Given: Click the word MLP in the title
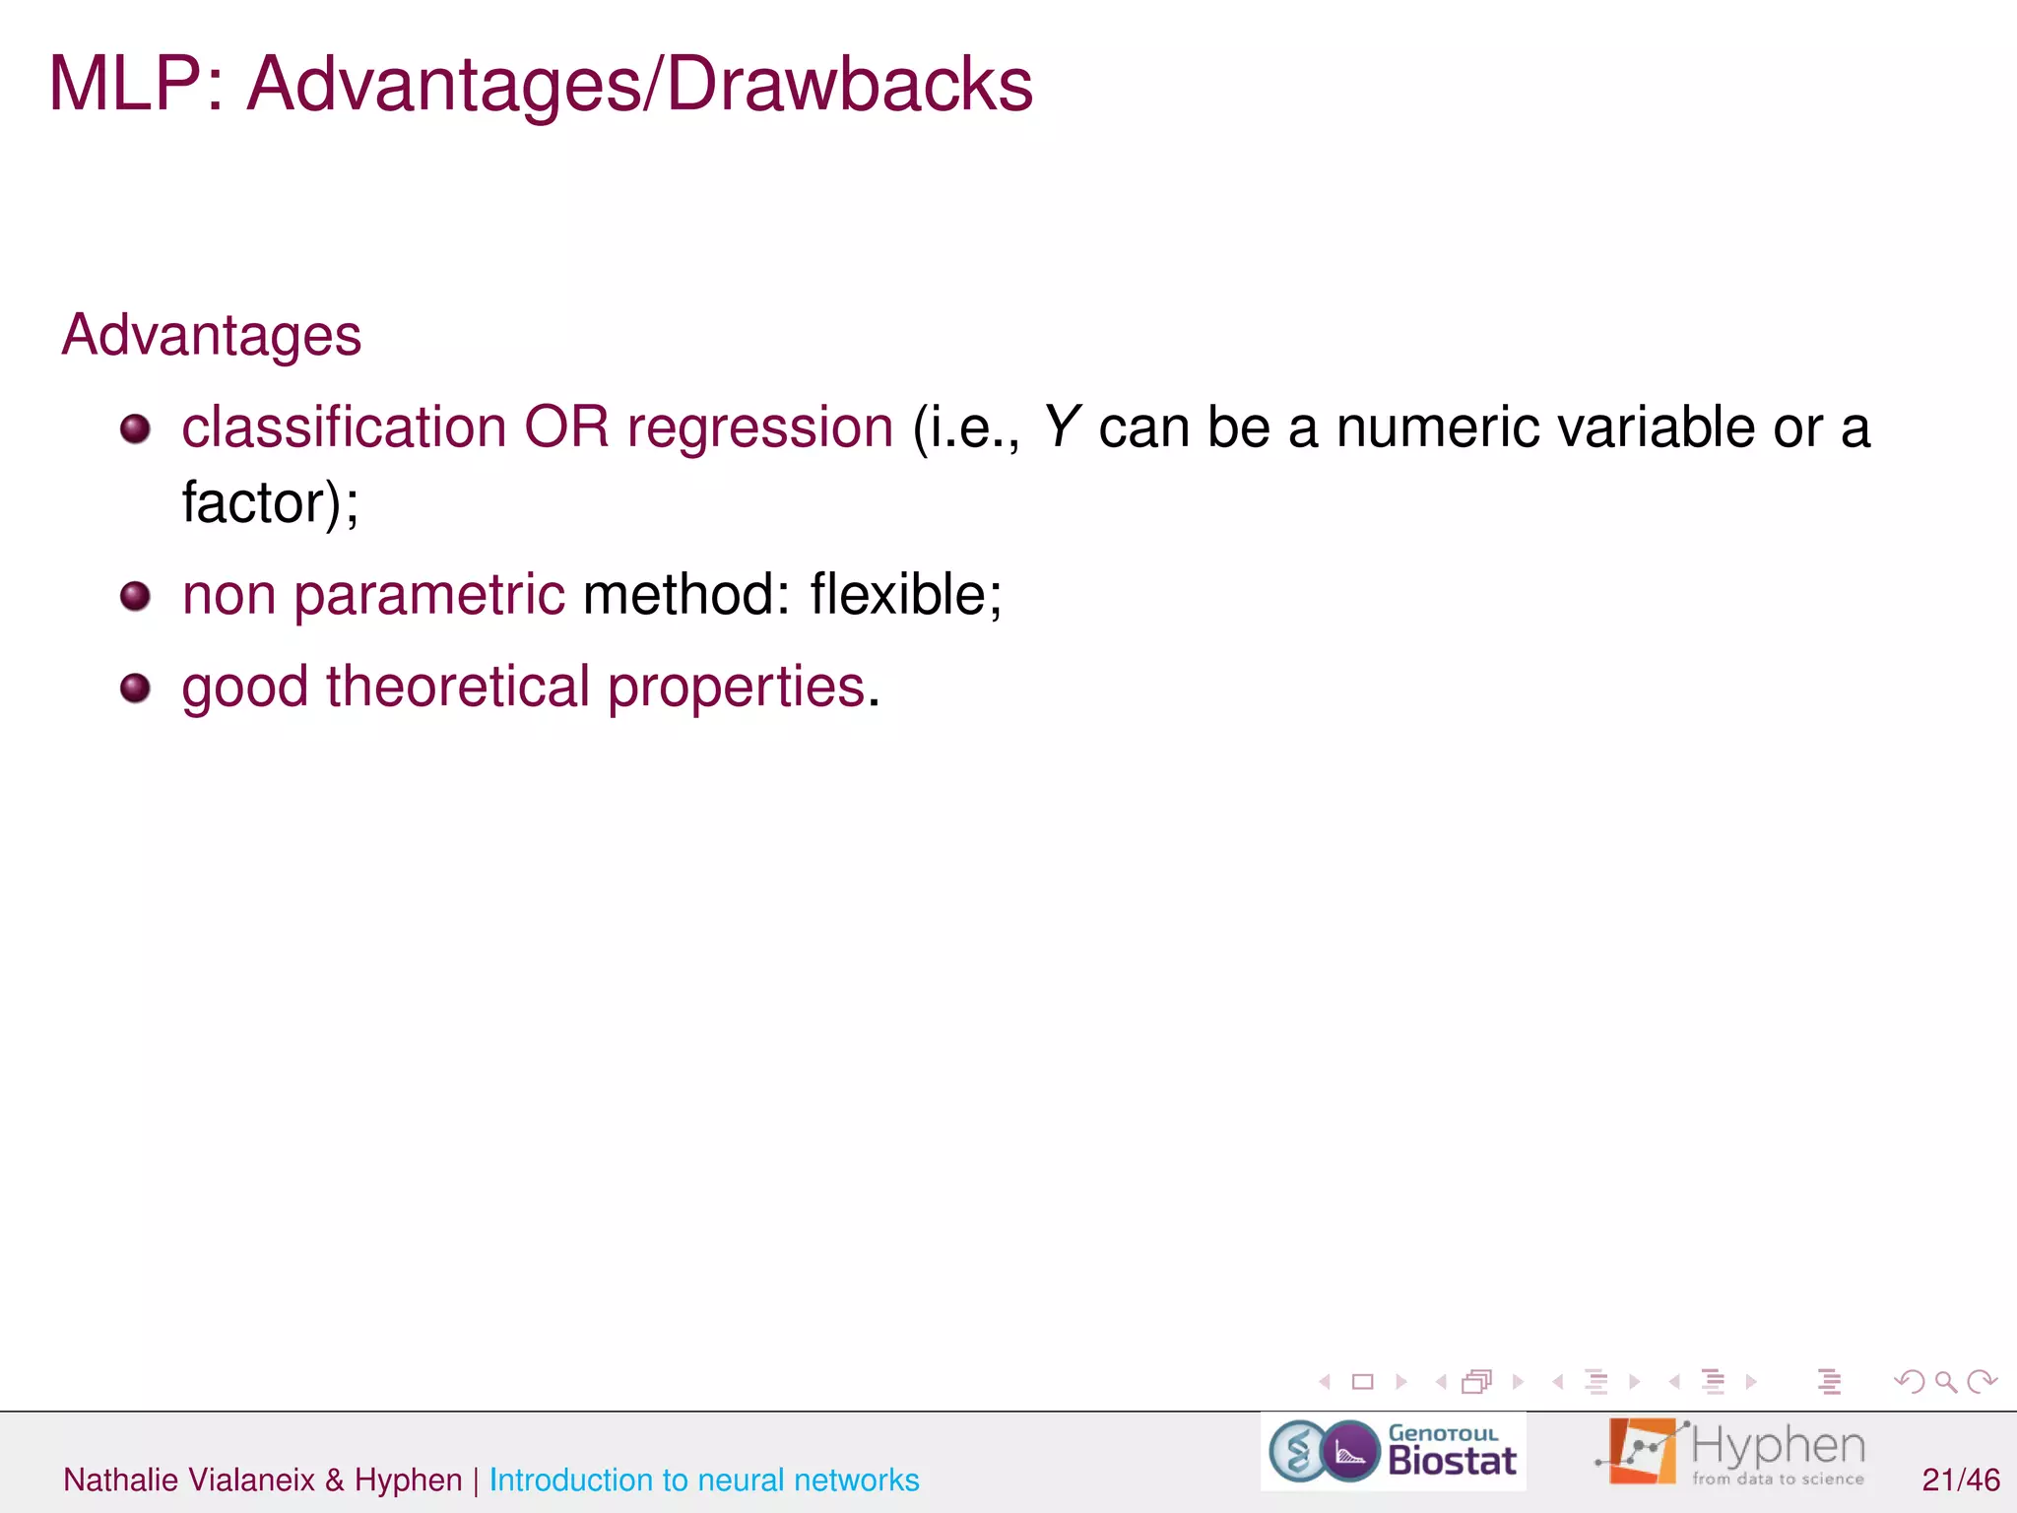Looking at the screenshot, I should pos(124,85).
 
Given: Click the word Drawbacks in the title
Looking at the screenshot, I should pos(849,85).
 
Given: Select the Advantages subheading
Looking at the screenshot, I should pos(212,335).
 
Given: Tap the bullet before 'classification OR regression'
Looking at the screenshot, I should pos(135,429).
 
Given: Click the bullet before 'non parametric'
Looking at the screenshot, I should pos(135,596).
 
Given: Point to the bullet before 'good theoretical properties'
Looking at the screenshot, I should pos(135,688).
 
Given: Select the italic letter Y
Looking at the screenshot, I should pos(1062,428).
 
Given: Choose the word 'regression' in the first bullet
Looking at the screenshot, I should pos(759,429).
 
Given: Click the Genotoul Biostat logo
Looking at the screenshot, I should pos(1393,1452).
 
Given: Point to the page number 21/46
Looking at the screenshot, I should pos(1960,1480).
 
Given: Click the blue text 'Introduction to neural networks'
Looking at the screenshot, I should pos(703,1480).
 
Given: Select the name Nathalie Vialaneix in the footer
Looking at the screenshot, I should pos(189,1480).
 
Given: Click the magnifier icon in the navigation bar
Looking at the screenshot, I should pos(1945,1382).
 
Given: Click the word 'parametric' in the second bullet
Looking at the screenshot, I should pos(428,596).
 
